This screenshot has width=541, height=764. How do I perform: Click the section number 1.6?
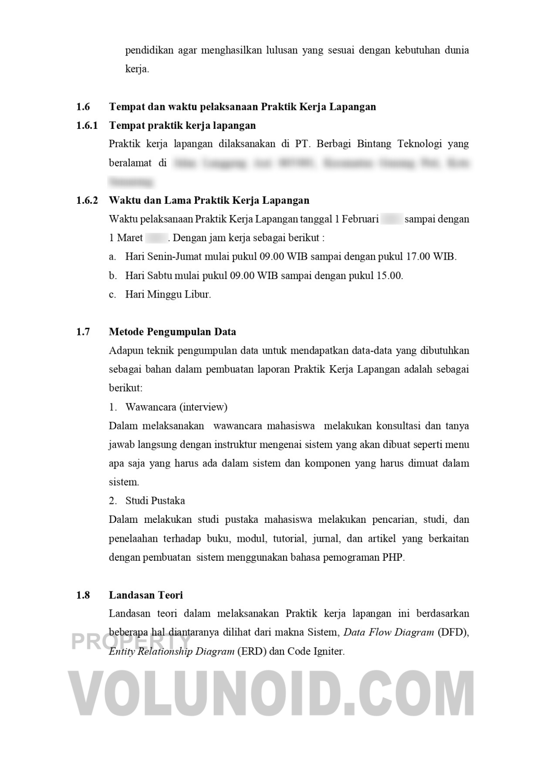(83, 107)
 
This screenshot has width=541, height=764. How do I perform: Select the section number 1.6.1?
(87, 125)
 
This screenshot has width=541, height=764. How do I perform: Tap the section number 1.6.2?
(87, 200)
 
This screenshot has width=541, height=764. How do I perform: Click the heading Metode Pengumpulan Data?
(172, 332)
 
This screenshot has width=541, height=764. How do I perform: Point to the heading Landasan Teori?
(146, 595)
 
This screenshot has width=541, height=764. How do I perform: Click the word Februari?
(360, 219)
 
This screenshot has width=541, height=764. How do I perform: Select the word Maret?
(130, 238)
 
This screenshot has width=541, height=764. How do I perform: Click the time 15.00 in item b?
(389, 275)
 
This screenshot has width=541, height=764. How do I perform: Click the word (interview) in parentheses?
(203, 407)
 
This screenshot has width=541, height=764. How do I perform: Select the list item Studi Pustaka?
(155, 501)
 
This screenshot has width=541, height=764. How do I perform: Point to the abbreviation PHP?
(393, 557)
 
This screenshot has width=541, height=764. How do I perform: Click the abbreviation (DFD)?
(453, 632)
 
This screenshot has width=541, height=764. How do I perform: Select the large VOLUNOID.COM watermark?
(270, 694)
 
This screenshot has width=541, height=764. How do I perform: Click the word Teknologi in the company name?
(419, 144)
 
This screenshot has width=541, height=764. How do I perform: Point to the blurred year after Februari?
(391, 219)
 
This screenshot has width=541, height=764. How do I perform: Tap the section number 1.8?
(83, 595)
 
